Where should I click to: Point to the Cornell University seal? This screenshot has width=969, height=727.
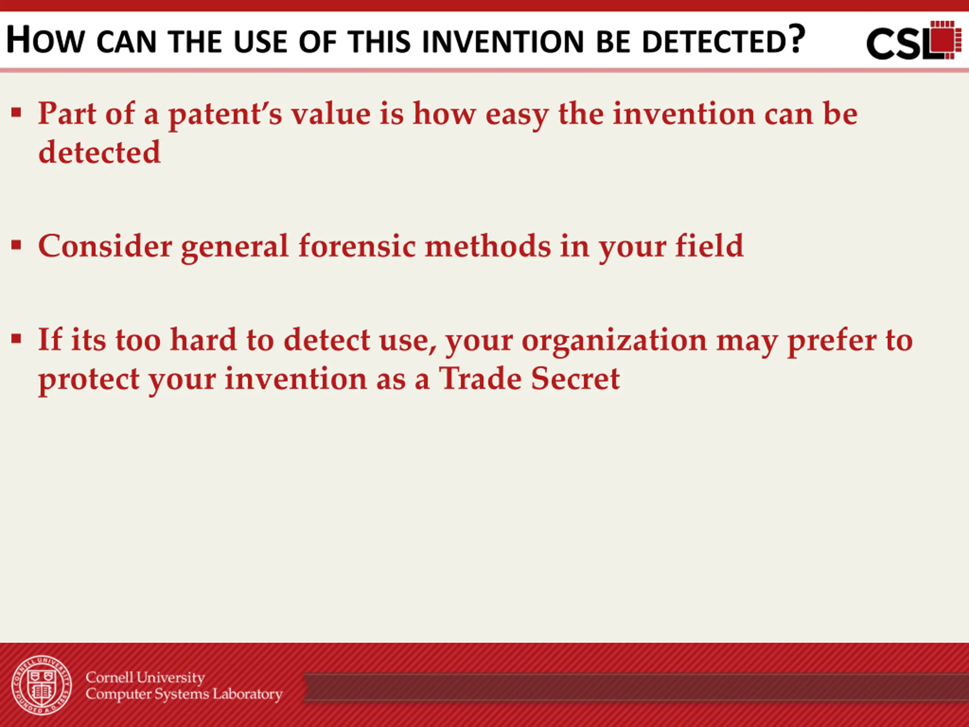(x=42, y=685)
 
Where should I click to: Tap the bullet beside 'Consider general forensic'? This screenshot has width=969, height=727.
(x=16, y=245)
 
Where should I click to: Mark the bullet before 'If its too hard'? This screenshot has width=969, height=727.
(x=16, y=339)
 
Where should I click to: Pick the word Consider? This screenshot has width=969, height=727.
(x=105, y=246)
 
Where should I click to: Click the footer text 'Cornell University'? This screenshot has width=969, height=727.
(x=145, y=677)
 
